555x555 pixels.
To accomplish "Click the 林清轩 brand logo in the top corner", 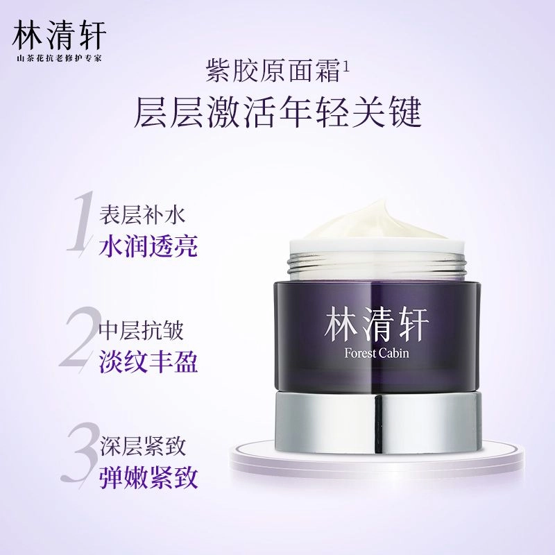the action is tap(59, 35).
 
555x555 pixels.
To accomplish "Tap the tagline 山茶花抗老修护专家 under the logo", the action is tap(59, 58).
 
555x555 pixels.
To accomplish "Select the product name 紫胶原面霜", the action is tap(273, 70).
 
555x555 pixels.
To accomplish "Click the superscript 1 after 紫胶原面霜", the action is tap(345, 67).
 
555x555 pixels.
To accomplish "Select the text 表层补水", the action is tap(142, 214).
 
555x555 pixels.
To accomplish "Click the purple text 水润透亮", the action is tap(148, 246).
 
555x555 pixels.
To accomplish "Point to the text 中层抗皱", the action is tap(142, 332).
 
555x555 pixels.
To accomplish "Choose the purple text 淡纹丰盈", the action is tap(148, 362).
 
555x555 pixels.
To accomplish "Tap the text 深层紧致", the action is tap(142, 447).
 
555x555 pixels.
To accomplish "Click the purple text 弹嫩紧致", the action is tap(148, 478).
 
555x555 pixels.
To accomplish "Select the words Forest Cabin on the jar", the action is tap(377, 352).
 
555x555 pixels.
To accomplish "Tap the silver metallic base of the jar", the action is tap(378, 423).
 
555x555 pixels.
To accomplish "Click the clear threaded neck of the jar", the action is tap(377, 264).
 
